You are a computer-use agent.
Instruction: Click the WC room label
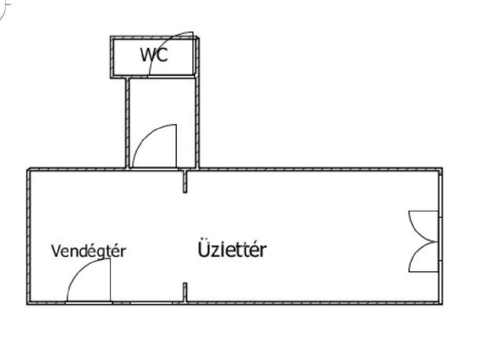coord(154,55)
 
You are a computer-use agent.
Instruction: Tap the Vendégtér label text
coord(88,251)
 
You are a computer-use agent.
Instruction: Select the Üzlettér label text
coord(232,250)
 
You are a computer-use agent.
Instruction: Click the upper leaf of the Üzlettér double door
coord(422,226)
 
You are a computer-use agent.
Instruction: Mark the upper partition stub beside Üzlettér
coord(185,182)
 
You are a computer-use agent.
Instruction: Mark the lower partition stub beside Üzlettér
coord(185,292)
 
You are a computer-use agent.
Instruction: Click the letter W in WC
coord(147,55)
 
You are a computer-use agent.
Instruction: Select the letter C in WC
coord(161,55)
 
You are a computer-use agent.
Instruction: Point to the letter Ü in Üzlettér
coord(203,249)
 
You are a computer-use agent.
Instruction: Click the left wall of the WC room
coord(113,57)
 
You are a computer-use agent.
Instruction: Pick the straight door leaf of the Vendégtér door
coord(110,280)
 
